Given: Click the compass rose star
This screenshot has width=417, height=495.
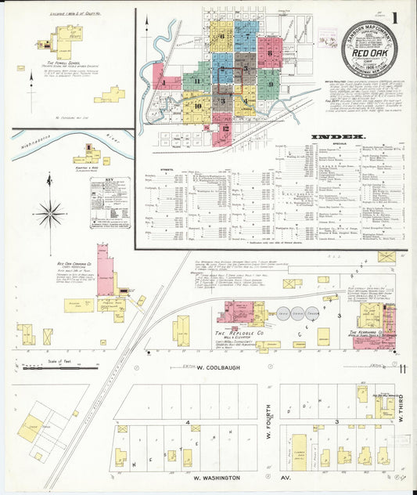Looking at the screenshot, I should [51, 211].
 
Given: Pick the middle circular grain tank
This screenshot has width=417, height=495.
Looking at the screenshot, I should [297, 314].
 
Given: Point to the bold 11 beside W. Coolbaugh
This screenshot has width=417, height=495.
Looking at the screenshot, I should [402, 368].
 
